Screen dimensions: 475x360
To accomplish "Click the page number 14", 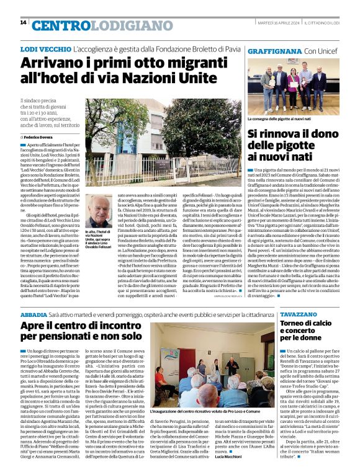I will [23, 22].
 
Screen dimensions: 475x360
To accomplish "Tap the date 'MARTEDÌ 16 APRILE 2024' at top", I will [274, 22].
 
